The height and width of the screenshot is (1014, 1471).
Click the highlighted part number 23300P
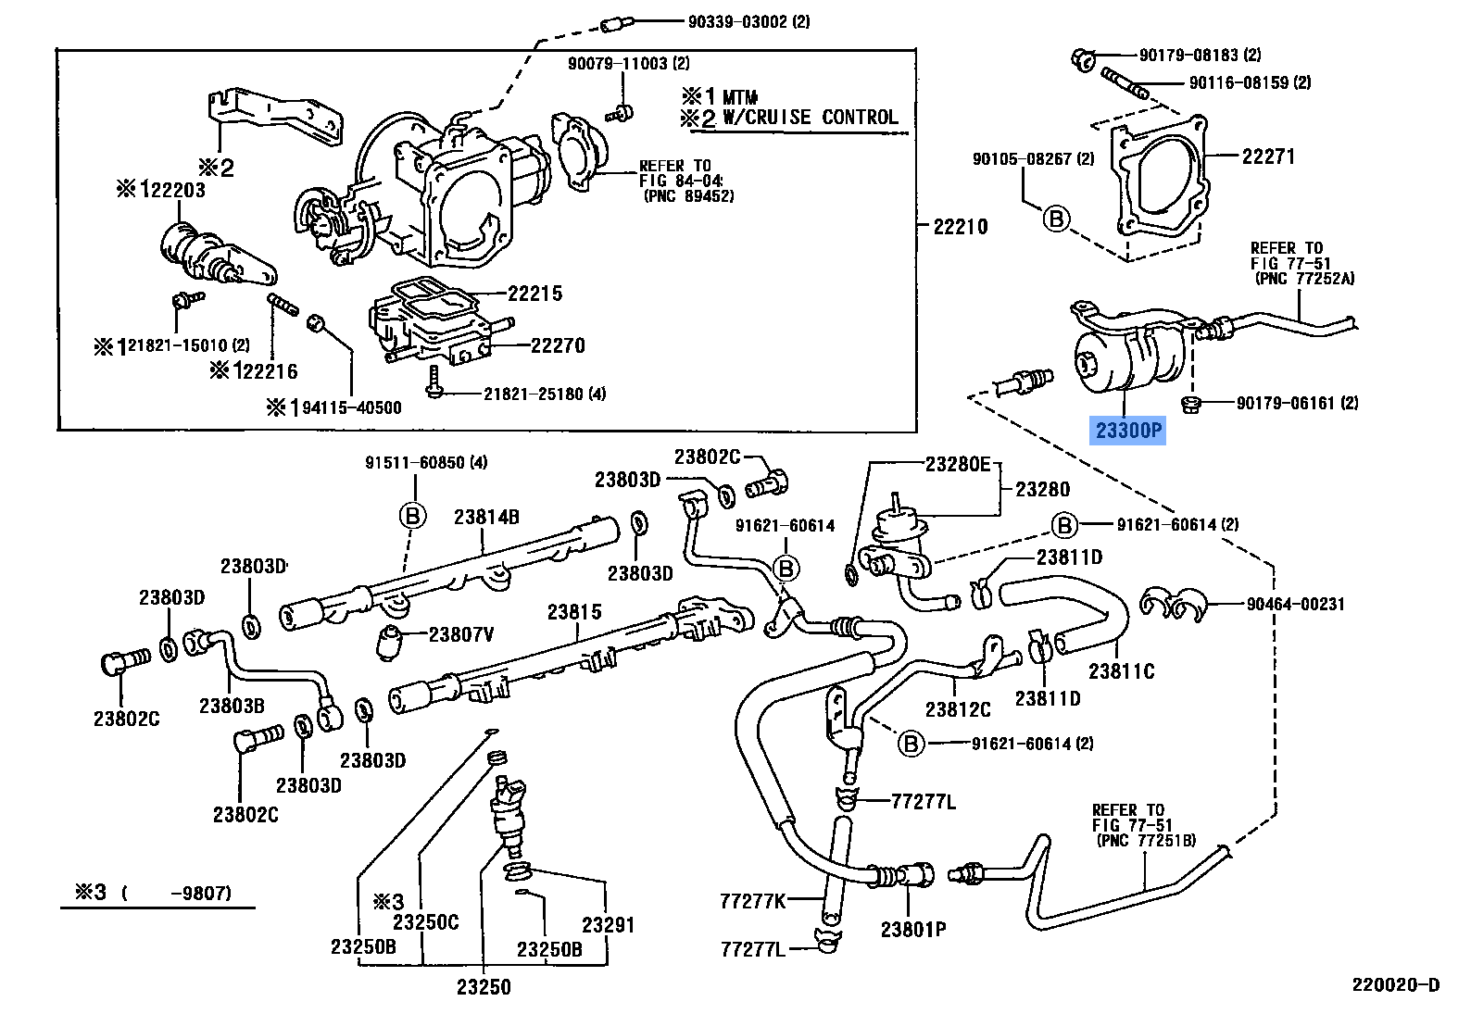point(1127,431)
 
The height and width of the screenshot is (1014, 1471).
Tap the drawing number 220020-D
point(1395,985)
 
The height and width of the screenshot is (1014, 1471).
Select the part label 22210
point(960,227)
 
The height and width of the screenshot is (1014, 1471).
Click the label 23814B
point(486,518)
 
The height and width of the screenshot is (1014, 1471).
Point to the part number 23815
point(574,612)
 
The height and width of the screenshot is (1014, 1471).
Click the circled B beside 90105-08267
point(1056,219)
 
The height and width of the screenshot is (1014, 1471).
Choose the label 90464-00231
point(1295,604)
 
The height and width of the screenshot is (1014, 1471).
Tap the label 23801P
point(912,930)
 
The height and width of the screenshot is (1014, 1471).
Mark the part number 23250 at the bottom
point(484,987)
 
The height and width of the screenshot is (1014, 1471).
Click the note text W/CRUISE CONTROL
point(810,118)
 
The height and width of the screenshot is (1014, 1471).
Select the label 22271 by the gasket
point(1268,156)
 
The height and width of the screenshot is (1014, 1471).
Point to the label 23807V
point(460,634)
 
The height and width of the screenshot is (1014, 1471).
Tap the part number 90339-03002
point(748,21)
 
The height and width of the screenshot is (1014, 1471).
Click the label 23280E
point(957,464)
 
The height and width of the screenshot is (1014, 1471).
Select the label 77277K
point(752,901)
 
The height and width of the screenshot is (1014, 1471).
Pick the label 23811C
point(1121,671)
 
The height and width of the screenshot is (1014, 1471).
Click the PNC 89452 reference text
point(688,196)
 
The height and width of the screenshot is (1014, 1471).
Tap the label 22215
point(534,294)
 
